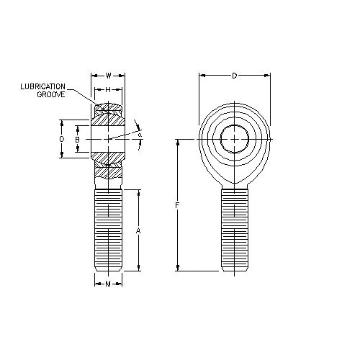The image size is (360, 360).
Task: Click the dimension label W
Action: click(x=109, y=76)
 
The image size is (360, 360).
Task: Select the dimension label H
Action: click(x=108, y=90)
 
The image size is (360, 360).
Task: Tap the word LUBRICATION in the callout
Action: click(x=42, y=86)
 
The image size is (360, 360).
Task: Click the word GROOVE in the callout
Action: click(x=51, y=94)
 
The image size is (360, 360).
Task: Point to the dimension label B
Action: click(x=77, y=140)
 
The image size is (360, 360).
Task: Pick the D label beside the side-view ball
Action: click(x=62, y=139)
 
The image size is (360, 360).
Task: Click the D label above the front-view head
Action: click(x=235, y=76)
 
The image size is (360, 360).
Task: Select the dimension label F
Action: click(x=177, y=205)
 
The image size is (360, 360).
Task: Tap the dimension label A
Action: click(x=138, y=231)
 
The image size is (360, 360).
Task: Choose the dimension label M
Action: click(x=108, y=284)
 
